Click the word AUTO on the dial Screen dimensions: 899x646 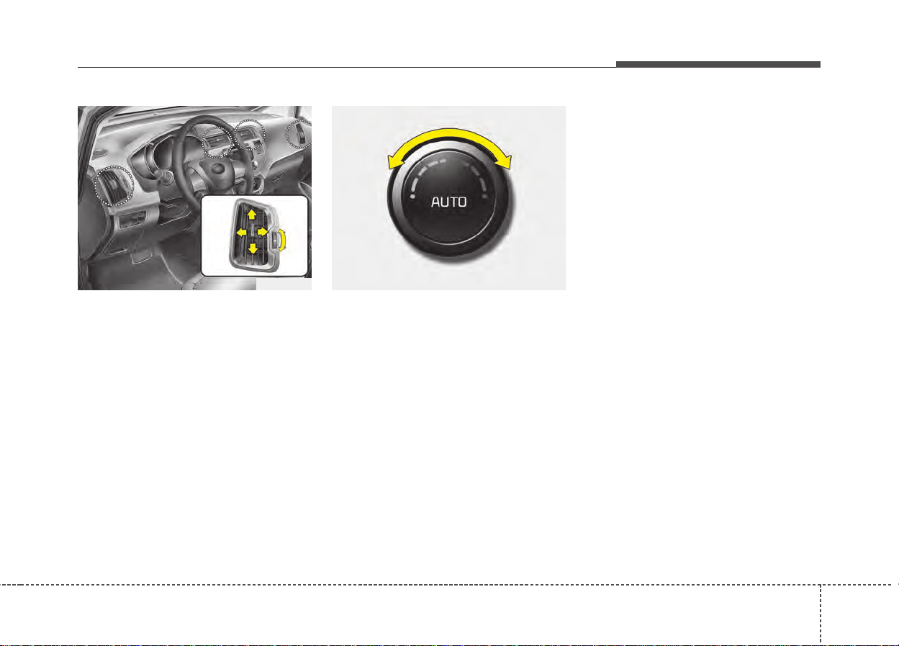[x=448, y=202]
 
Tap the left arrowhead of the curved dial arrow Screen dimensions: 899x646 [x=395, y=161]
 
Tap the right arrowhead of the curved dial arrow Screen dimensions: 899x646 [x=504, y=161]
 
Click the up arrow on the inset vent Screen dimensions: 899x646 [x=252, y=215]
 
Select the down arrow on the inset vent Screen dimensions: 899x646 [x=253, y=248]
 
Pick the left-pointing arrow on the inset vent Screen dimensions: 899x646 [x=241, y=232]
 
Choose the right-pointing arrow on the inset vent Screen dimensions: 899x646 [x=263, y=232]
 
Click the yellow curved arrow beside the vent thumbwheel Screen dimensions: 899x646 [x=283, y=240]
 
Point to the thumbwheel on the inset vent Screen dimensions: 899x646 [x=276, y=240]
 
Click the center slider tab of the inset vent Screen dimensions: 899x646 [x=252, y=231]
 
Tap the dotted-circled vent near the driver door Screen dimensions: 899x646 [x=114, y=186]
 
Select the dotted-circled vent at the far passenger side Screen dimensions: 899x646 [x=300, y=134]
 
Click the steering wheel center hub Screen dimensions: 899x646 [x=217, y=169]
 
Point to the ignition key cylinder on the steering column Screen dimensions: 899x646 [x=166, y=176]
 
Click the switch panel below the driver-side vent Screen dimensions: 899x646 [x=133, y=220]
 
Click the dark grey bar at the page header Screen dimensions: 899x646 [x=718, y=64]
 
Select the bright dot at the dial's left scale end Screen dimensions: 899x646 [x=412, y=197]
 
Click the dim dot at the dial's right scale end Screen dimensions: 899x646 [x=485, y=197]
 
